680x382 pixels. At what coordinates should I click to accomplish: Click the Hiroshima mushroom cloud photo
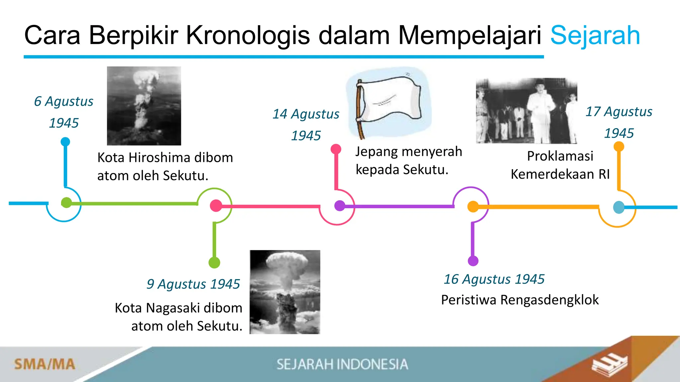click(x=144, y=106)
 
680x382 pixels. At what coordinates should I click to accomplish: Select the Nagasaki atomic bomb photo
click(x=285, y=292)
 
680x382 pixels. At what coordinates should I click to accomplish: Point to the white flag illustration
click(x=388, y=103)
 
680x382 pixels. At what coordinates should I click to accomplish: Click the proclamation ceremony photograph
click(x=526, y=111)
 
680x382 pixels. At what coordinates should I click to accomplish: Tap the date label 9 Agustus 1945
click(x=193, y=284)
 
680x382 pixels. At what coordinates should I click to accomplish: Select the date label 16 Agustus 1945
click(x=494, y=279)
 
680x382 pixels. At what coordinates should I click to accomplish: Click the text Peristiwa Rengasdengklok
click(x=520, y=300)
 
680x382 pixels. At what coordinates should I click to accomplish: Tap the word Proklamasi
click(x=560, y=156)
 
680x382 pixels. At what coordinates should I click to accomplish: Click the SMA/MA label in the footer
click(x=45, y=364)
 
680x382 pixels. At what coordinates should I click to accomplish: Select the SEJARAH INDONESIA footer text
click(x=342, y=364)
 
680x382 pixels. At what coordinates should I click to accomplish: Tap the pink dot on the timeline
click(x=216, y=206)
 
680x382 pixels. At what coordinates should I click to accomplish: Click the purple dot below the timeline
click(x=473, y=261)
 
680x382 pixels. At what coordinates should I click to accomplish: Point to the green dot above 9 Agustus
click(x=214, y=263)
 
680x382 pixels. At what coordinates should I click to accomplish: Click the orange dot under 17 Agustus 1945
click(x=619, y=147)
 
